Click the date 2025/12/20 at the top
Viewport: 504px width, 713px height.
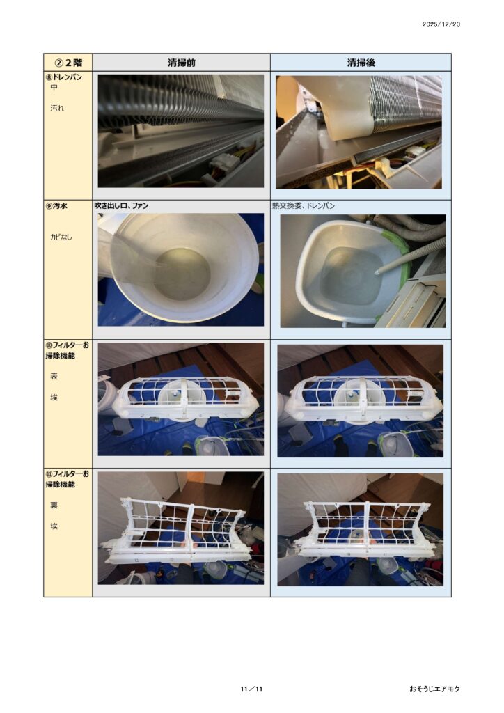tap(441, 24)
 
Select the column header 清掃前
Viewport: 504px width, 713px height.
tap(181, 63)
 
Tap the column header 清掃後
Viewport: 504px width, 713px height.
tap(361, 63)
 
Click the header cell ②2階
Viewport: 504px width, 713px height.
tap(68, 63)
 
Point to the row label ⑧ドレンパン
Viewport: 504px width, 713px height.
tap(64, 77)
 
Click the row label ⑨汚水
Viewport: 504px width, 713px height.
tap(56, 205)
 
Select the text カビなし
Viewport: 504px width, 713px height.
tap(61, 237)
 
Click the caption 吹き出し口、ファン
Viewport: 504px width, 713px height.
tap(121, 205)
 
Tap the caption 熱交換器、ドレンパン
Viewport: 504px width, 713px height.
tap(303, 205)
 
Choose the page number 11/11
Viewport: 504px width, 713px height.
tap(252, 689)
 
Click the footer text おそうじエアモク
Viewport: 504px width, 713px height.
tap(434, 689)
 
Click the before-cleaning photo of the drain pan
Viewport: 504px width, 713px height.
tap(181, 131)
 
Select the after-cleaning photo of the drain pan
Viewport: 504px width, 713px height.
tap(359, 132)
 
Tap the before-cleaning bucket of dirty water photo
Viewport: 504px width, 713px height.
tap(181, 269)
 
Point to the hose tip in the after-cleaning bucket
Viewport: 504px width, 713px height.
tap(377, 272)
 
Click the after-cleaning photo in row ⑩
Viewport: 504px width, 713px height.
tap(361, 401)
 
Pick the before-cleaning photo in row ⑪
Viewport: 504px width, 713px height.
tap(181, 528)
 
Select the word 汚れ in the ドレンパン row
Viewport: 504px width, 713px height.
tap(57, 108)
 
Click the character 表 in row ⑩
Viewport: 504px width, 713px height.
tap(54, 376)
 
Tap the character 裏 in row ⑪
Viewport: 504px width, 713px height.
tap(54, 505)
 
